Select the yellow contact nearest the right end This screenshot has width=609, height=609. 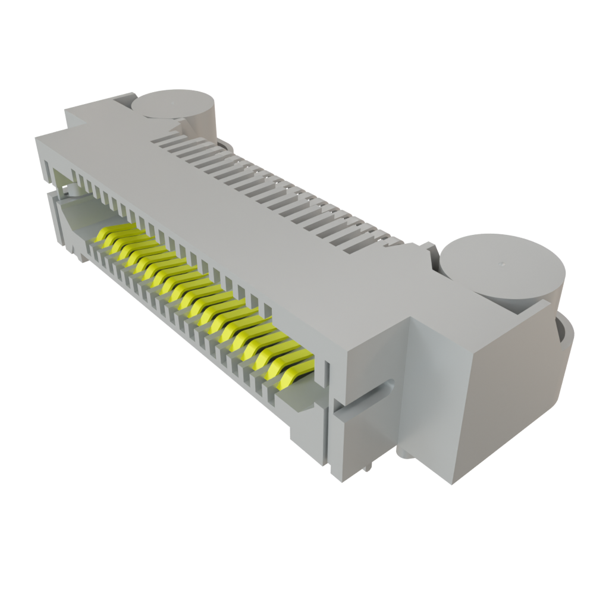[291, 374]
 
